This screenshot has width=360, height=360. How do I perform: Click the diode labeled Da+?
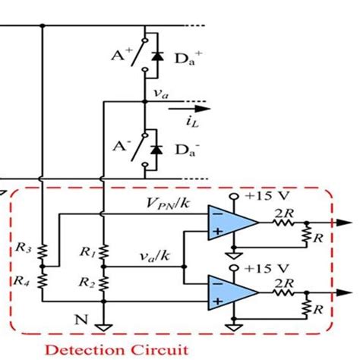158,56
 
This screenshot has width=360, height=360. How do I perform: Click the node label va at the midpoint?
160,93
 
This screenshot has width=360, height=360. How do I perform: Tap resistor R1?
103,251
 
